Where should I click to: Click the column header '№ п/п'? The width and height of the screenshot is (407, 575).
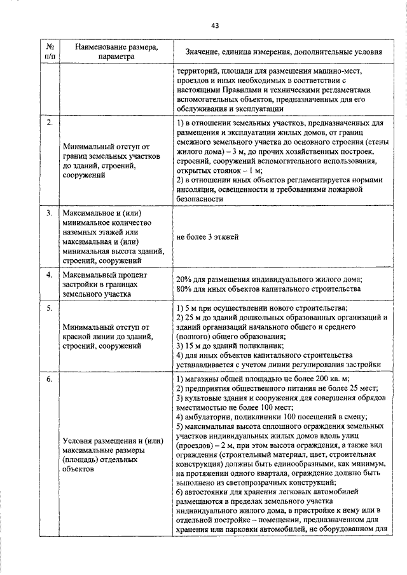(x=50, y=51)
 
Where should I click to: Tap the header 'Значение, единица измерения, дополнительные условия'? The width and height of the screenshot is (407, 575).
(x=284, y=51)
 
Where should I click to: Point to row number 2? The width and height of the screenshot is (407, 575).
(x=49, y=122)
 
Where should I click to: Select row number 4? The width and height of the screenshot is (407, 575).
(x=49, y=275)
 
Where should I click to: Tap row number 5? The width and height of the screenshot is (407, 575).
(x=49, y=308)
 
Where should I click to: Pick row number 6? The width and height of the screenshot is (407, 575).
(x=49, y=379)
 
